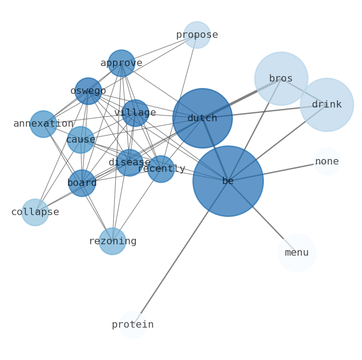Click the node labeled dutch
tap(202, 118)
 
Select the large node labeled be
tap(228, 181)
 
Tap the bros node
tap(281, 79)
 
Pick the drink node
tap(326, 105)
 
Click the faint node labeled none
tap(327, 162)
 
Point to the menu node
tap(297, 253)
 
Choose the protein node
tap(133, 325)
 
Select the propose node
tap(197, 35)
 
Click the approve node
tap(121, 63)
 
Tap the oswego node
tap(88, 91)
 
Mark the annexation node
tap(43, 124)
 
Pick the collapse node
tap(35, 212)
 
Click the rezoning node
tap(112, 242)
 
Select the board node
tap(82, 183)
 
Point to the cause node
tap(81, 140)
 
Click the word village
tap(135, 113)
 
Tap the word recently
tap(161, 169)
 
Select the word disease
tap(129, 163)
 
